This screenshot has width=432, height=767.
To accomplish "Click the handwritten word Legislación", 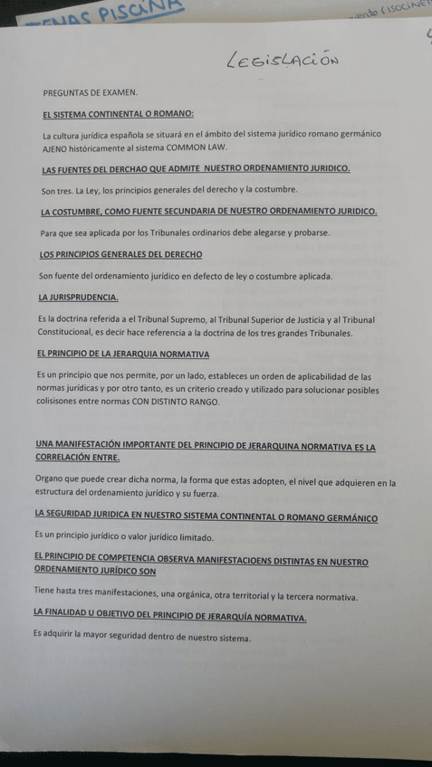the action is click(283, 60).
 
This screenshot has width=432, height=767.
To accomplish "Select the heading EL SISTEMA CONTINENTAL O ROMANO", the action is click(118, 114).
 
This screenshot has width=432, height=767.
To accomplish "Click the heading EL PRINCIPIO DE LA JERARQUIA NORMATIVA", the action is click(123, 354).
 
